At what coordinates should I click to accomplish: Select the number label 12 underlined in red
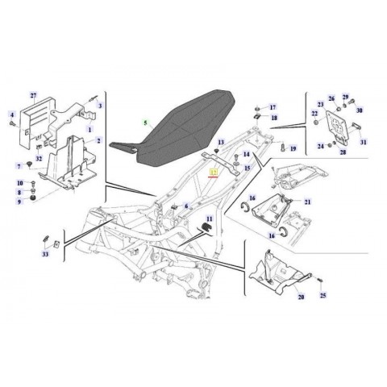pos(214,172)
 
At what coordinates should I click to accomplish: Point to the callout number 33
pos(45,255)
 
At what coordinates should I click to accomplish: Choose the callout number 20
pos(301,298)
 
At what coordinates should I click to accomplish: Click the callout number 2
pos(98,141)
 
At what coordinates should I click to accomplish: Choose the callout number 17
pos(273,106)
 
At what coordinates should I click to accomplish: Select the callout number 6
pos(186,207)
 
